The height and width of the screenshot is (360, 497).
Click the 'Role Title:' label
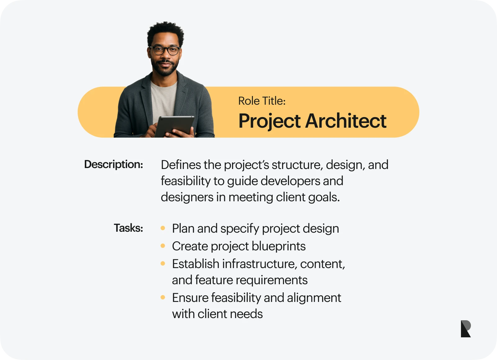coord(262,101)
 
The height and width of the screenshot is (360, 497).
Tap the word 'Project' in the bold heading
coord(270,121)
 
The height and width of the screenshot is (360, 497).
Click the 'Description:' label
coord(114,165)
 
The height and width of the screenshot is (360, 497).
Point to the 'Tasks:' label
coord(129,228)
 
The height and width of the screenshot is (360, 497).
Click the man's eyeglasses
coord(165,51)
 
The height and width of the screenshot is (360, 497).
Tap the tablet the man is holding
coord(174,126)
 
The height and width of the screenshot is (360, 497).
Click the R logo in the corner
coord(466,329)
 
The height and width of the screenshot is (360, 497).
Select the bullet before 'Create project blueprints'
coord(163,246)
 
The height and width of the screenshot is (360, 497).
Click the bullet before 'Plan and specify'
coord(163,228)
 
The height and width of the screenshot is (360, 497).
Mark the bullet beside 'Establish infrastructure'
coord(163,263)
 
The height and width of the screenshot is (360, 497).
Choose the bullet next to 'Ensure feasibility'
coord(163,298)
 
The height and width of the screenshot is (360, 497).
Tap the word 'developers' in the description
coord(290,181)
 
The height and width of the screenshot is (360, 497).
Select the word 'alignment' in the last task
coord(314,298)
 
